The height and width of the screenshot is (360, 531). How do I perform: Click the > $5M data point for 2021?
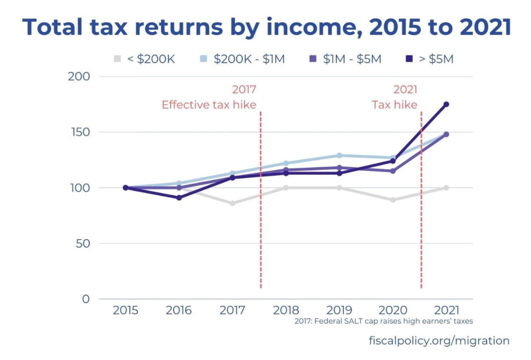click(x=446, y=104)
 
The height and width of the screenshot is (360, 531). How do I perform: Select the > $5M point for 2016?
click(x=179, y=198)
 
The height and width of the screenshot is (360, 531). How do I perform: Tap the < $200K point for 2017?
click(x=232, y=203)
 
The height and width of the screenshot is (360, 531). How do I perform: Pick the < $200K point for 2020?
click(x=393, y=200)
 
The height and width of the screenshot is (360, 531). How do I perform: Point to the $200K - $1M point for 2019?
click(x=339, y=156)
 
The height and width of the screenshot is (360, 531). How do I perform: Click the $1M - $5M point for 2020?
click(x=393, y=171)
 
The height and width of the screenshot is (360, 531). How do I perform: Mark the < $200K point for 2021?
click(x=446, y=188)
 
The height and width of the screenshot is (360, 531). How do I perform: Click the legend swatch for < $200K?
click(x=118, y=59)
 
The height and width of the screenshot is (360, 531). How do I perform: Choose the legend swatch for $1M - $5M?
click(x=314, y=59)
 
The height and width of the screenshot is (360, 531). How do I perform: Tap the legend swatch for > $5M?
click(x=410, y=59)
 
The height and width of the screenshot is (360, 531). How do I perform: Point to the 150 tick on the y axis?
click(x=79, y=132)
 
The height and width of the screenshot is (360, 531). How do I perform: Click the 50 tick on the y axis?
click(x=82, y=243)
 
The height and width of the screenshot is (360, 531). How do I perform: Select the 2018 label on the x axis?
click(x=286, y=310)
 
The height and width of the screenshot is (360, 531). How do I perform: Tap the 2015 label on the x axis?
click(x=125, y=310)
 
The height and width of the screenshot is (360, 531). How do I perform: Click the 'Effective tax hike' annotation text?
click(x=209, y=105)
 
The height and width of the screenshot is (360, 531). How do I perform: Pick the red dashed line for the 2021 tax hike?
click(x=421, y=204)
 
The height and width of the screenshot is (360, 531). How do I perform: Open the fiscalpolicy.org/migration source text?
click(x=439, y=341)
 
